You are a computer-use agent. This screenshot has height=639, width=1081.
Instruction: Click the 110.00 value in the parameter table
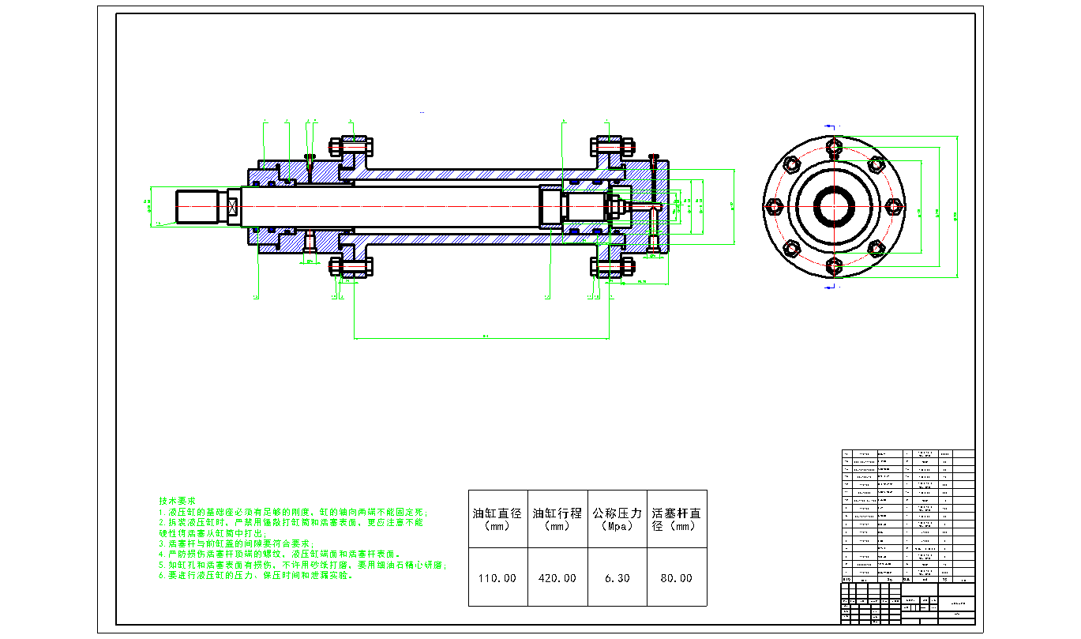pos(497,578)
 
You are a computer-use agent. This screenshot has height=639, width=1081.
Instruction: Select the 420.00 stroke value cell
pos(557,578)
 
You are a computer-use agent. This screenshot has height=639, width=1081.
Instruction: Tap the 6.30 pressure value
pos(617,578)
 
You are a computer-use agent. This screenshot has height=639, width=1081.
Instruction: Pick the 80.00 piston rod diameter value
pos(676,578)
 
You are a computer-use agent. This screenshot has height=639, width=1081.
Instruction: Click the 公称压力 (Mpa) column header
pos(617,518)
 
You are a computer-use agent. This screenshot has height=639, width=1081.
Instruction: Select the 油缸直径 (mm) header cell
pos(497,518)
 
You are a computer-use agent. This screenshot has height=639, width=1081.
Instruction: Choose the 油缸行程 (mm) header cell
pos(557,518)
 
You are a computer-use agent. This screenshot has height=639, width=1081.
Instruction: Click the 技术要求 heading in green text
pos(177,502)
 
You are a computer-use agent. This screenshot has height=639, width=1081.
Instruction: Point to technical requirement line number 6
pos(256,576)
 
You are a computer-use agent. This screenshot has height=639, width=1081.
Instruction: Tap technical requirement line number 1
pos(292,513)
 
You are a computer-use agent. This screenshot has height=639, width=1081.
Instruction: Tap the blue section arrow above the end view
pos(829,126)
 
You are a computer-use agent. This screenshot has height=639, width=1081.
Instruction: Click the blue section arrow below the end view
pos(829,288)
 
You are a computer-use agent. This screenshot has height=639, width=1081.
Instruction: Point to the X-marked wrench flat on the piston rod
pos(233,207)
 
